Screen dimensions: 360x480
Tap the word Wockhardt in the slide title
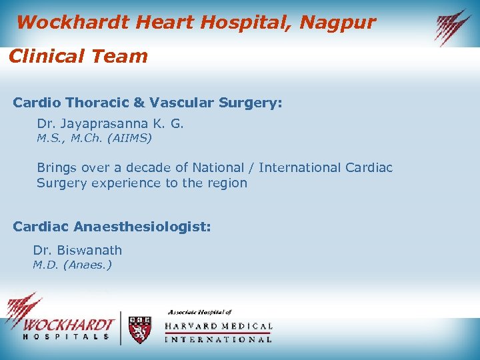[x=73, y=23]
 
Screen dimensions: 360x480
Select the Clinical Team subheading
[x=78, y=56]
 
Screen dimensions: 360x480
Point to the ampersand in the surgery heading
[x=139, y=103]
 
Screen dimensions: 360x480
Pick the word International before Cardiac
[x=300, y=167]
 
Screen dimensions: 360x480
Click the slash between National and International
[x=251, y=167]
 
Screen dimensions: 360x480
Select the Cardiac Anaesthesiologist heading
[x=112, y=227]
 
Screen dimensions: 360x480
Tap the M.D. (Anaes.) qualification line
[x=73, y=265]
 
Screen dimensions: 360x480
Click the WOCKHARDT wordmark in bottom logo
[x=66, y=325]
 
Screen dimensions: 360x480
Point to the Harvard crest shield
[x=139, y=329]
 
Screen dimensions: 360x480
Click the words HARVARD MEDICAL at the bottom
[x=218, y=326]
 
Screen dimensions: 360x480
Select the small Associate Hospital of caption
[x=199, y=312]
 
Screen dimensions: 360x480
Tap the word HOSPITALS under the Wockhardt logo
[x=66, y=337]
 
